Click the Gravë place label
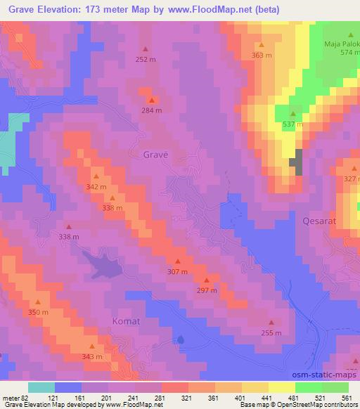click(x=156, y=153)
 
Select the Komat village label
click(x=127, y=321)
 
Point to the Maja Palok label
click(x=341, y=43)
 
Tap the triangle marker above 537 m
click(x=292, y=115)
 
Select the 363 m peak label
click(x=262, y=55)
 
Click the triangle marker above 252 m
click(x=146, y=49)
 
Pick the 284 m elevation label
click(x=152, y=110)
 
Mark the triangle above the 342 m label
click(x=96, y=176)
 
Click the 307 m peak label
click(x=177, y=271)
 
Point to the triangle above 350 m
click(x=38, y=302)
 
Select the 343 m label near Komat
click(x=92, y=357)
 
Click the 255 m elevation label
click(x=271, y=333)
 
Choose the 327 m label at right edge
click(x=351, y=178)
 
